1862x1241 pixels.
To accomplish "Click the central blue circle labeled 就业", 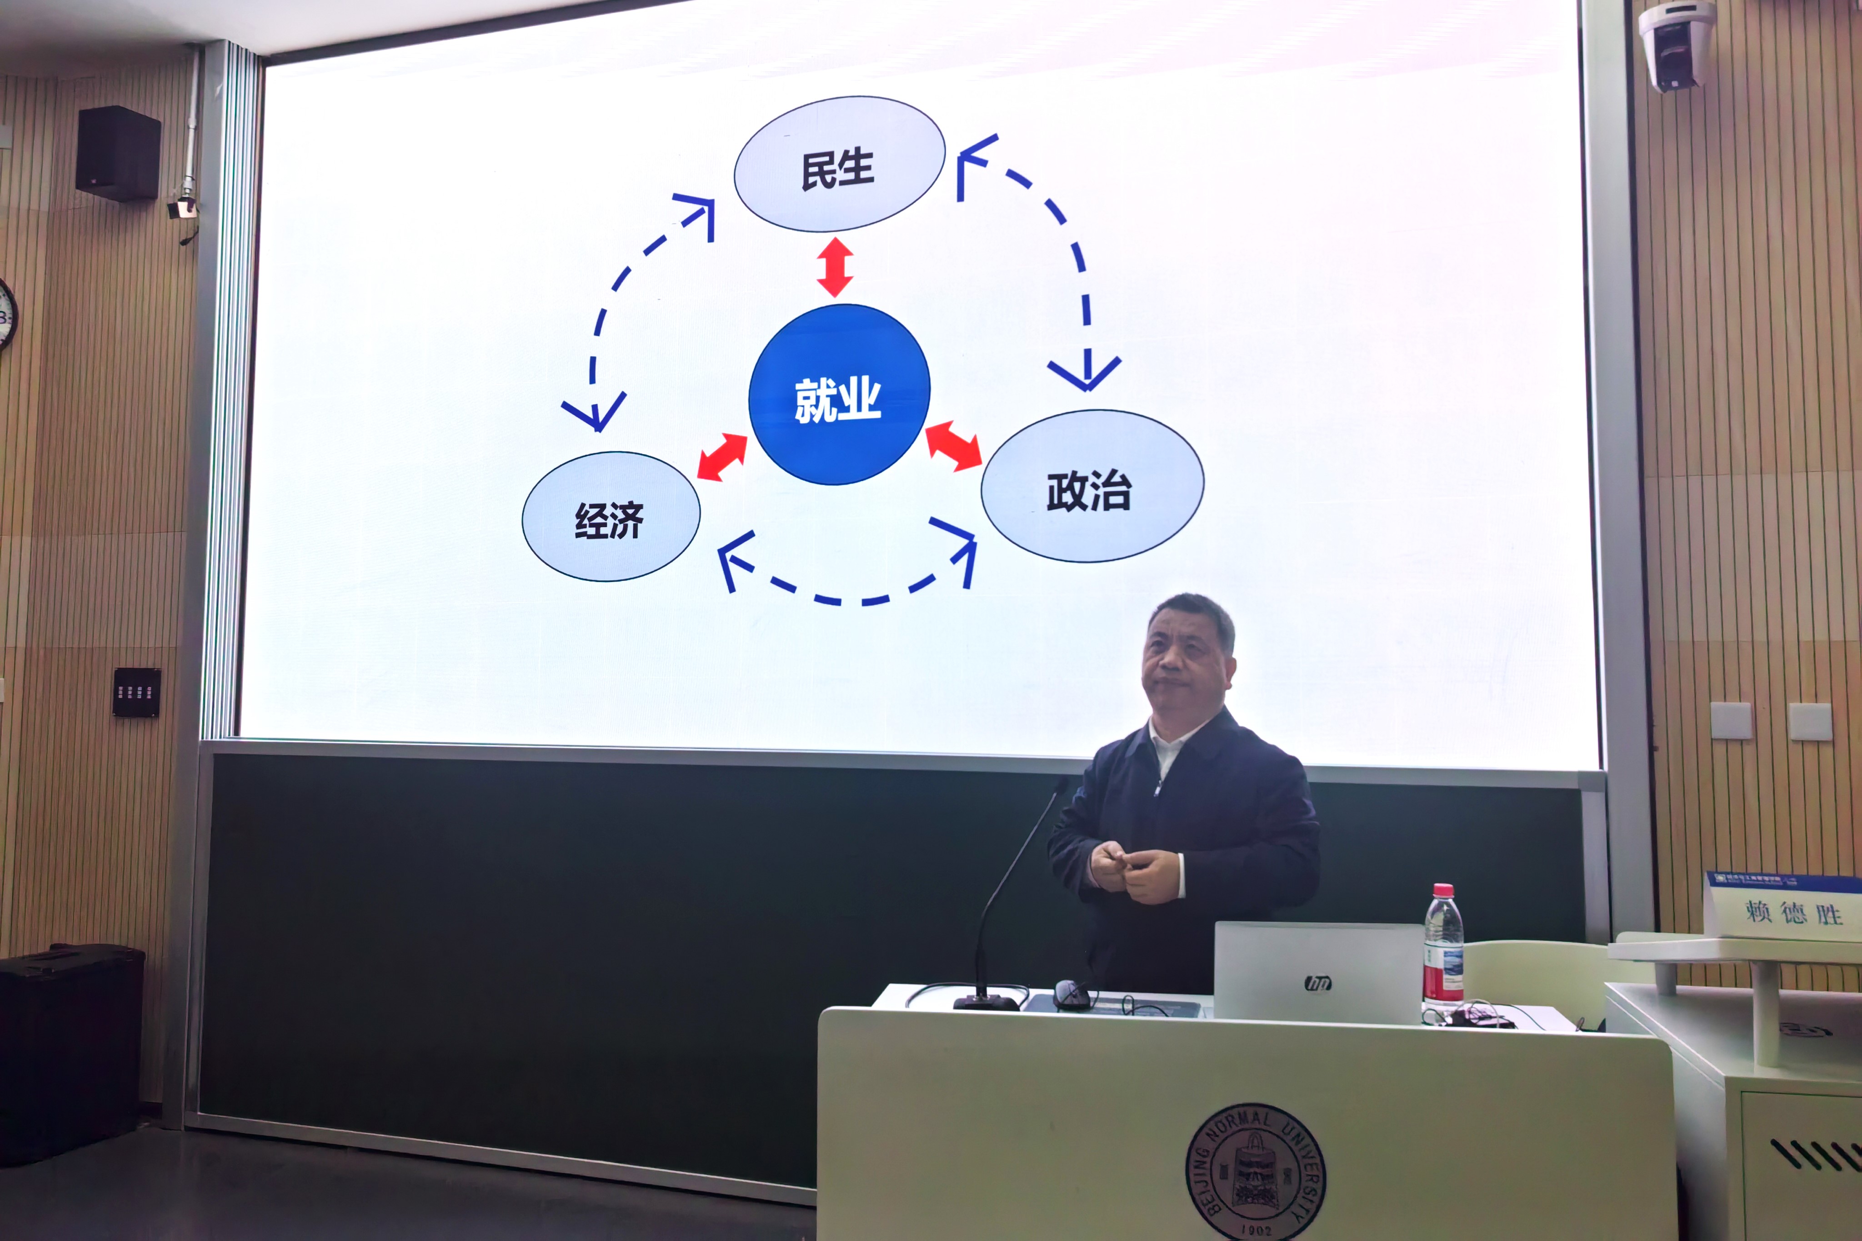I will [839, 394].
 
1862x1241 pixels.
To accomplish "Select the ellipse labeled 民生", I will [839, 164].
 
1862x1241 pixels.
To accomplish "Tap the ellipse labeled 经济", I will [611, 517].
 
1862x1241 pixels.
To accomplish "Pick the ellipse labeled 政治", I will [1092, 486].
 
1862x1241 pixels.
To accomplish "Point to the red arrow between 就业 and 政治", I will [953, 446].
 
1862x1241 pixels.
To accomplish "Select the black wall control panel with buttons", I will [136, 693].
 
